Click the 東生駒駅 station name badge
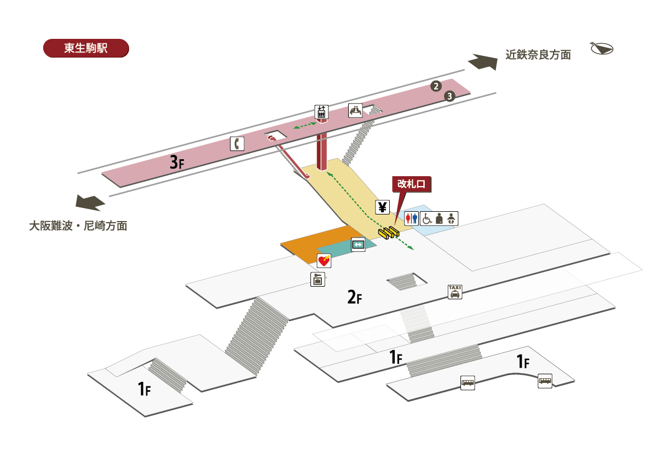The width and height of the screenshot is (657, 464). tap(85, 48)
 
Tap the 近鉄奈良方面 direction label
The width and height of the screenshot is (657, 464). tap(538, 55)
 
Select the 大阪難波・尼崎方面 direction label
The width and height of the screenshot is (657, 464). tap(78, 225)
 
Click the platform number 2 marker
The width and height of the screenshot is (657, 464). tap(436, 86)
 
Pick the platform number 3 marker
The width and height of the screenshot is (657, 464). tap(449, 96)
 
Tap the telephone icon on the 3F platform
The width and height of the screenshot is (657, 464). tap(237, 144)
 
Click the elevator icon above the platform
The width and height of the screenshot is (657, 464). tap(321, 112)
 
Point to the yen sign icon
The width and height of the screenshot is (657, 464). tap(383, 207)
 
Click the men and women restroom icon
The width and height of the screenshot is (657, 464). tap(412, 218)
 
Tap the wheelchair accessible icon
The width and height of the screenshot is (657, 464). tap(427, 218)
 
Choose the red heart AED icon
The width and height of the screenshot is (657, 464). tap(324, 261)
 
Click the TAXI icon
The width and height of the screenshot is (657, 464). tap(455, 292)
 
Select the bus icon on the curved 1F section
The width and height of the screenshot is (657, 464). tap(545, 381)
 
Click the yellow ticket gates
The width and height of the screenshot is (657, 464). tap(389, 232)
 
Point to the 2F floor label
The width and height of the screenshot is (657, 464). tap(354, 298)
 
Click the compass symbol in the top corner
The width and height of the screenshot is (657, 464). tap(602, 48)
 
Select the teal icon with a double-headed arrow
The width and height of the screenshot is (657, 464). tap(358, 244)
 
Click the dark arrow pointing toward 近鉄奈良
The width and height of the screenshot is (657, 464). tap(481, 62)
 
